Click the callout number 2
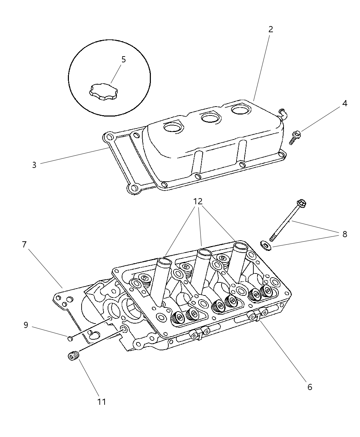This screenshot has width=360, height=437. coord(271,29)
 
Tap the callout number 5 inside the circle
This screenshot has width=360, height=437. coord(123,59)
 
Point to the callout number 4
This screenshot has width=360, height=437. coord(345,103)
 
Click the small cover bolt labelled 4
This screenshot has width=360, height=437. coord(295,137)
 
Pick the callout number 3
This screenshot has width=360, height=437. coord(34,165)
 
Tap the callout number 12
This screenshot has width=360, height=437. coord(198,201)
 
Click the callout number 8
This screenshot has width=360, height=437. coord(345,234)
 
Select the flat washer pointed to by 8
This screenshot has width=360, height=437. coord(266,245)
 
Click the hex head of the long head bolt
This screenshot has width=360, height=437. coord(302,204)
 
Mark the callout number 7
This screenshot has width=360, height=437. coord(24,245)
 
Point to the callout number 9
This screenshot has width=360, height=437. coord(26,325)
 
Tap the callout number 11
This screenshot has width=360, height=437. coord(101,401)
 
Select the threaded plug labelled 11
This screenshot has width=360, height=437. coord(72,356)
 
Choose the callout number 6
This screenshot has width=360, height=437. coord(310,387)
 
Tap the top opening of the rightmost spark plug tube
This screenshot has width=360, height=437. coord(240,245)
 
